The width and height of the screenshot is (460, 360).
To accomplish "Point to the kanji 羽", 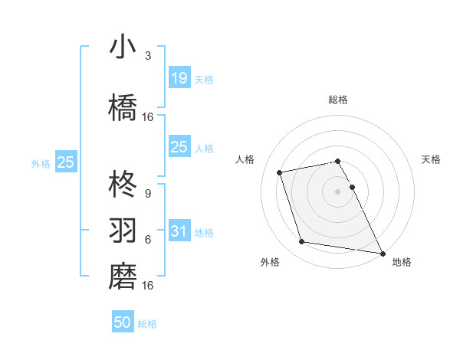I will coord(123,229).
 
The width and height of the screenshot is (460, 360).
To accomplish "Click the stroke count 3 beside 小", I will coord(148,57).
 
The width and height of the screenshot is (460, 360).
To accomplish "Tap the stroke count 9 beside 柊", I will coord(148,193).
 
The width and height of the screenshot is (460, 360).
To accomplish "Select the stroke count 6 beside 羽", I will coord(148,239).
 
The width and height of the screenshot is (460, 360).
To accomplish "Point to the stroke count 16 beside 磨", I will coord(148,285).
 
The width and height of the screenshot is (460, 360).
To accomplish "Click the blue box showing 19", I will coord(179,77).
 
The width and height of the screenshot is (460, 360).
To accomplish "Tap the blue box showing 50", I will coord(123,322).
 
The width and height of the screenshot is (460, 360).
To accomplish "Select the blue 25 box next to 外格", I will coord(65,162).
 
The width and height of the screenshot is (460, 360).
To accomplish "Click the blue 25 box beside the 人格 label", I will coord(179,147).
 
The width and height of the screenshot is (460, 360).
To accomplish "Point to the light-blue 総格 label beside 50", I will coord(147,324).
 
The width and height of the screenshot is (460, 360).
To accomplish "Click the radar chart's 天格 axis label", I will coord(432,159).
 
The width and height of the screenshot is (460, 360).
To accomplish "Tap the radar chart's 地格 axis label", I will coord(402,262).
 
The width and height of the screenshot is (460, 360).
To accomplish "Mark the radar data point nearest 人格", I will coord(280,172).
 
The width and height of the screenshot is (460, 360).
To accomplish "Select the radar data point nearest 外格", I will coord(302,242).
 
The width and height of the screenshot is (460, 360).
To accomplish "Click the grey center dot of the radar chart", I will coord(337,191).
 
